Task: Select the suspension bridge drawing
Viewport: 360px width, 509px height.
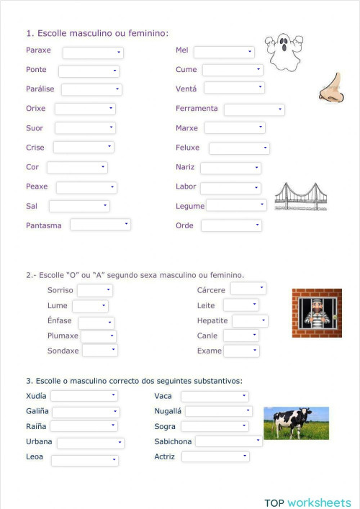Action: pos(301,196)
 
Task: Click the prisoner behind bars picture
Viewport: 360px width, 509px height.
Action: pos(317,313)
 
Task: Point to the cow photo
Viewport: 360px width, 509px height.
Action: pos(296,423)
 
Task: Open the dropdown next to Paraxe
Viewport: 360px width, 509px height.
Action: pos(93,53)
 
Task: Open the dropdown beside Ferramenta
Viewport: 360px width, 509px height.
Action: pos(254,109)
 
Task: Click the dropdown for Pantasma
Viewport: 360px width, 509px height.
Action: pos(100,225)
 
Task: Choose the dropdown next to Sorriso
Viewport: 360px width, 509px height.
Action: pos(95,290)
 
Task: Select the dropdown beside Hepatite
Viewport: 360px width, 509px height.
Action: pos(250,321)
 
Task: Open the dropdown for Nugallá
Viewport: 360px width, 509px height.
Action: pos(219,411)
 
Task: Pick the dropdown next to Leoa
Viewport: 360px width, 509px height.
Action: pos(84,460)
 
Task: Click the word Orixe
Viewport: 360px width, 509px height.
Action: pos(35,109)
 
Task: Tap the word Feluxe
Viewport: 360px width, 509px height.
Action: pos(188,148)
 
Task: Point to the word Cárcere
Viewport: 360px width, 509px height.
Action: pos(211,290)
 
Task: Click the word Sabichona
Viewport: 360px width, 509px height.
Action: pos(173,441)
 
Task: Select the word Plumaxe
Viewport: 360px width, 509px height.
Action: pos(63,336)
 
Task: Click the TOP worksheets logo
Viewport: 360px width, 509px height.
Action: pos(307,503)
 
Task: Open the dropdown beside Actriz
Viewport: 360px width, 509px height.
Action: pos(215,456)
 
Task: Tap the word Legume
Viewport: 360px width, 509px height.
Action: pos(190,206)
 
